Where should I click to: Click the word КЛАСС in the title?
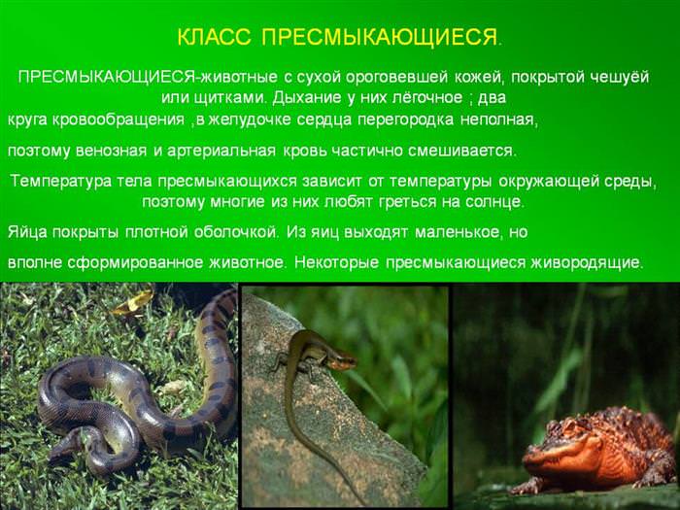215,37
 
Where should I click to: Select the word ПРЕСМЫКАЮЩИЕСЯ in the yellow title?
380,37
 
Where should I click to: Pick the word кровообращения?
119,120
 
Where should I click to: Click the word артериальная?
221,151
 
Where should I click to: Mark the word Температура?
60,182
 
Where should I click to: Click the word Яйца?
27,232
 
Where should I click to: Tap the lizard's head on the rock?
343,360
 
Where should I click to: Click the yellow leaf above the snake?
133,302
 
